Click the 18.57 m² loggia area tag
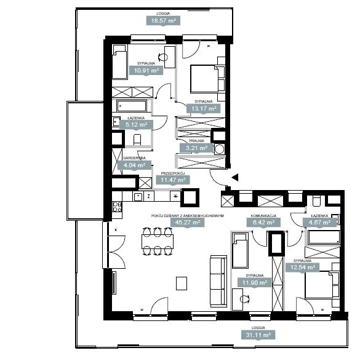pos(163,21)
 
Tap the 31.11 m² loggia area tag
pos(258,335)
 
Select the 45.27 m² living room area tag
pos(188,223)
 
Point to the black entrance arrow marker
pos(235,178)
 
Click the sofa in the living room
pos(218,281)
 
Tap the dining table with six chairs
pos(158,242)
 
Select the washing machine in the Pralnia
pos(219,149)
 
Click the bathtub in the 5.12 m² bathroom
pos(132,106)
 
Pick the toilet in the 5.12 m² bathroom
pos(137,140)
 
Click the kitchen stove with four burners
pos(117,207)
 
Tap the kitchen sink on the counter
pos(138,197)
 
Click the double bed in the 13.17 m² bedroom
pos(205,79)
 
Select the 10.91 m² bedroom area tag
pos(146,71)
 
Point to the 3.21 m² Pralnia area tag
pos(196,148)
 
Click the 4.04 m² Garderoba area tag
pos(134,165)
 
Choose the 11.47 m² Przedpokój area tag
pos(173,180)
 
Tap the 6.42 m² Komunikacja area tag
pos(263,223)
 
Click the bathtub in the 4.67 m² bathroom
pos(322,237)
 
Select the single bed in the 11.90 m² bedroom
pos(240,250)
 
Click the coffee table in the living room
pos(182,284)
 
